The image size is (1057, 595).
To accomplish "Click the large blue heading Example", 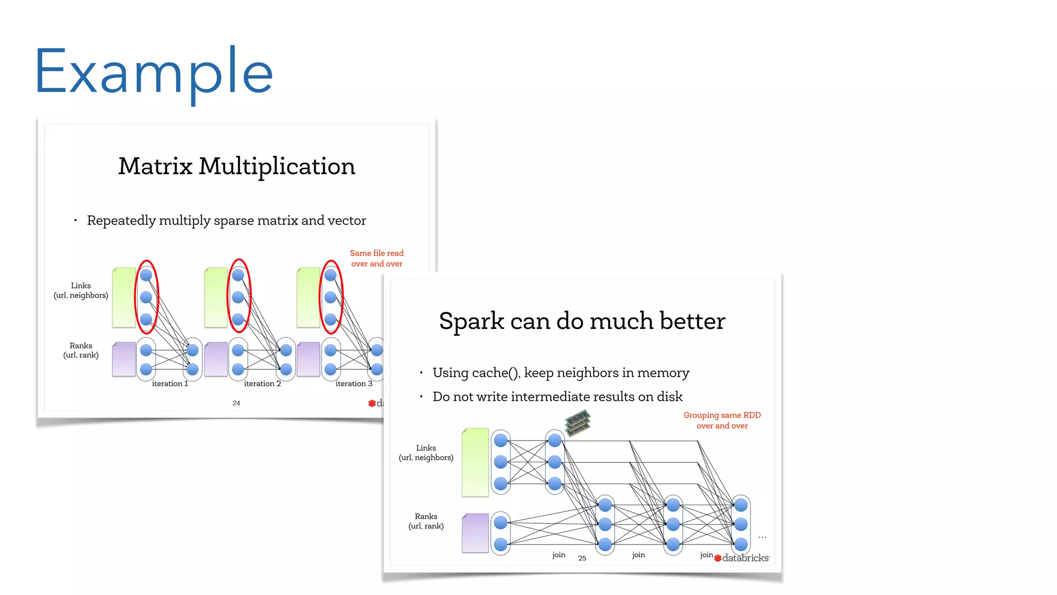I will tap(153, 72).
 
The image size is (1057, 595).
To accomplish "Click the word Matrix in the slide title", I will tap(155, 166).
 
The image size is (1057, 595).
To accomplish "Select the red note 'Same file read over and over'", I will tap(377, 258).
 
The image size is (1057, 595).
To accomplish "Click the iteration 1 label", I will tap(170, 384).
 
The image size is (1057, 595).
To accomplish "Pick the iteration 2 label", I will tap(262, 384).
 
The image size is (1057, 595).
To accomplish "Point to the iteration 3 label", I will tap(354, 384).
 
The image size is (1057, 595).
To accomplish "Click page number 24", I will tap(236, 403).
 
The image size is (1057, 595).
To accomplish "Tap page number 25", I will tap(582, 558).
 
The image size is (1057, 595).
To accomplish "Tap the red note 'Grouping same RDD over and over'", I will tap(722, 420).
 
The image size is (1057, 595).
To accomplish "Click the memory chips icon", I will tap(578, 422).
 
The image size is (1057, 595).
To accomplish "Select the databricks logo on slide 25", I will tap(742, 558).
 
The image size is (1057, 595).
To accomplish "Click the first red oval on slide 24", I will tap(147, 296).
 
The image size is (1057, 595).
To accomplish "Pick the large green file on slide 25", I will tap(475, 462).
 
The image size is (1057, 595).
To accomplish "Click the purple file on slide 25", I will tap(475, 533).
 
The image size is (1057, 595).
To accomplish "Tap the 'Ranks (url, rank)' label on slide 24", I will tap(81, 350).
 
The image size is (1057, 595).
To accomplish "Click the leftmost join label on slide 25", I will tap(558, 555).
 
